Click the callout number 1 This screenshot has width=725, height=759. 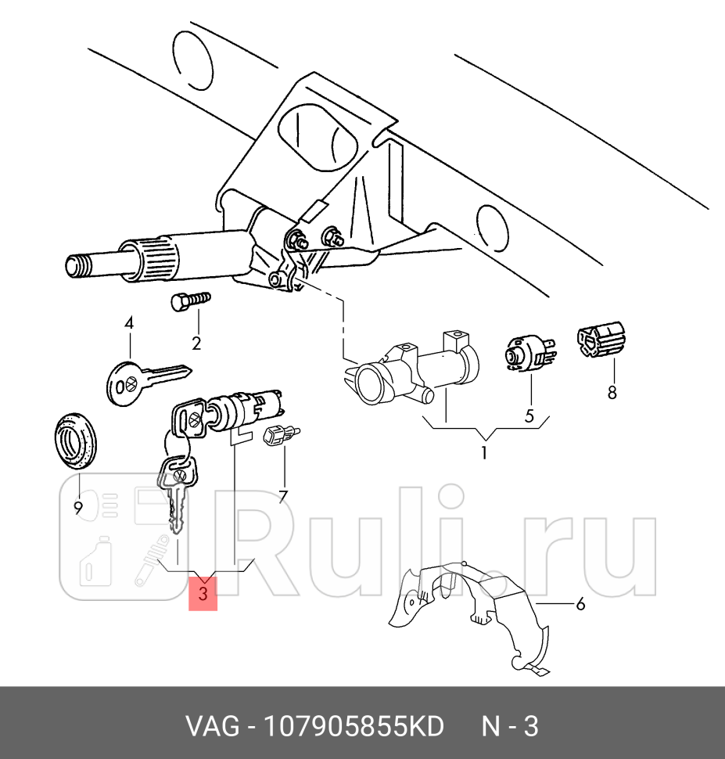click(484, 452)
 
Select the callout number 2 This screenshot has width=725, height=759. click(196, 343)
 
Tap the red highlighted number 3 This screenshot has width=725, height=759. click(203, 595)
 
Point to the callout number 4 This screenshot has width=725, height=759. click(128, 323)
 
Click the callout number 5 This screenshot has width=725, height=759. click(529, 416)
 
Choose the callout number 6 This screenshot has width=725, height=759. click(580, 604)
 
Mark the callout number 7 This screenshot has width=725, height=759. click(283, 496)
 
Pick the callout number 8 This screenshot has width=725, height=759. click(612, 392)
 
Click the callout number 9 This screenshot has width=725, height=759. click(78, 509)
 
